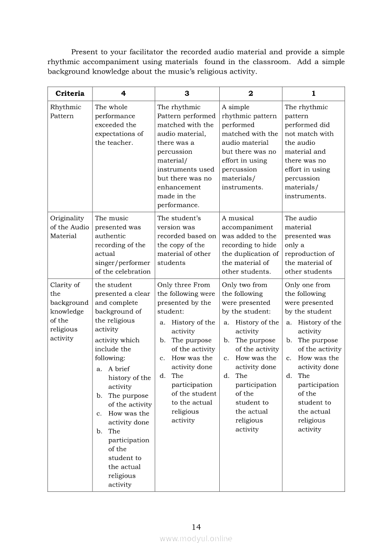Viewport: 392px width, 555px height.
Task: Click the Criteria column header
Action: click(70, 94)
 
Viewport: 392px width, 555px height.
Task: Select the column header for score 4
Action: click(123, 94)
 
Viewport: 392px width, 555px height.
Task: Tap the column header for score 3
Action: click(187, 94)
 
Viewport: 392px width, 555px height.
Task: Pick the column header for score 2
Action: click(251, 94)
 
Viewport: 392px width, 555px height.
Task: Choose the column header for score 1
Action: click(313, 94)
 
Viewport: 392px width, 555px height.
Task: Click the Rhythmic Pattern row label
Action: click(65, 112)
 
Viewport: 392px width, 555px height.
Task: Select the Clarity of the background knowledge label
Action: click(69, 311)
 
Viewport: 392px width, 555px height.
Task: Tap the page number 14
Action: click(196, 527)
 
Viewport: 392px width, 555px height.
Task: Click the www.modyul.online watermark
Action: click(196, 539)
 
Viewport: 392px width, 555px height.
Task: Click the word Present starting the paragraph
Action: click(86, 52)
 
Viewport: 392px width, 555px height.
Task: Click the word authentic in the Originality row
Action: click(110, 236)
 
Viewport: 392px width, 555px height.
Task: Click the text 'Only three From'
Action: click(183, 285)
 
